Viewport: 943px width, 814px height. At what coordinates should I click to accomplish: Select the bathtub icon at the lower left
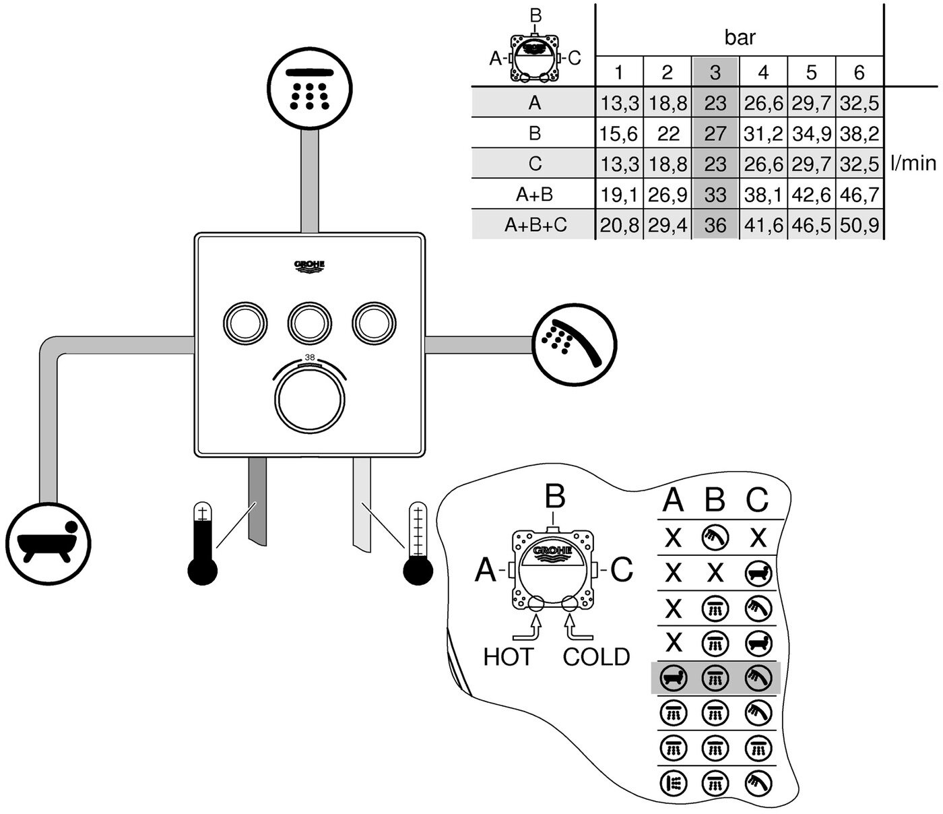(49, 543)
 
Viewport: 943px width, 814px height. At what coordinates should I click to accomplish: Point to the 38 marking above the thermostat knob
(310, 357)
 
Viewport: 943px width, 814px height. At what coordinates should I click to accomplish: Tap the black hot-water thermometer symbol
(202, 543)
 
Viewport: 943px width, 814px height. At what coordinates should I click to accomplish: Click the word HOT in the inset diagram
(508, 656)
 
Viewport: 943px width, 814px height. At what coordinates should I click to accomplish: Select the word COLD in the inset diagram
(596, 656)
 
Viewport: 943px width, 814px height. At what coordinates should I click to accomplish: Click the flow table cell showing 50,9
(859, 225)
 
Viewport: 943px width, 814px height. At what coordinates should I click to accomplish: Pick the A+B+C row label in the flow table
(535, 225)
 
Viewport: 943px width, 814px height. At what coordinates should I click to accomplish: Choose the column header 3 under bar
(715, 72)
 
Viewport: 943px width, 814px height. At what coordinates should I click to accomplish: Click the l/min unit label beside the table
(913, 163)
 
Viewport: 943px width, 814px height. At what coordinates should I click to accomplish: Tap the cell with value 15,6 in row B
(619, 133)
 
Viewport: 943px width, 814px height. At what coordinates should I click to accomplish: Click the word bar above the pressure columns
(740, 38)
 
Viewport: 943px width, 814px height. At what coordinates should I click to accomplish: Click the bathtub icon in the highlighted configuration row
(674, 677)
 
